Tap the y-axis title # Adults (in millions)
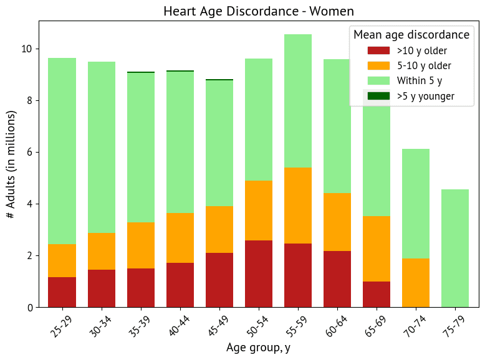11,164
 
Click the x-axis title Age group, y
257,348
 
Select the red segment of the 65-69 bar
376,294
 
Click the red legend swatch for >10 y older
378,50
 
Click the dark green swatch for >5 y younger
378,96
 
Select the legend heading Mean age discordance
411,35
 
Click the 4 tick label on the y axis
31,204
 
